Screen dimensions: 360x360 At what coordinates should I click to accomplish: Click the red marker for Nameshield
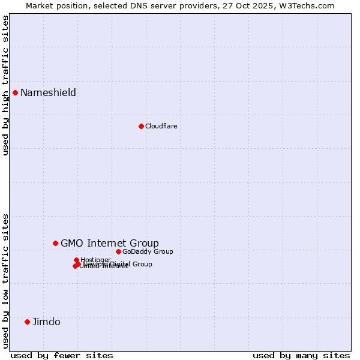pos(15,92)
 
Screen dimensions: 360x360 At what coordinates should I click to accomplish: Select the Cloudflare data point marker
pos(141,126)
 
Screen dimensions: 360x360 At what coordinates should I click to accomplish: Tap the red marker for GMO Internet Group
pos(55,243)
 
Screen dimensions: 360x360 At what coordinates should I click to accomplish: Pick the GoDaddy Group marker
pos(118,251)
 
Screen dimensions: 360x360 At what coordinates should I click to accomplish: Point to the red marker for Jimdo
pos(27,322)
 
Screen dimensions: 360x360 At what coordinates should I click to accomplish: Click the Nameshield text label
pos(48,92)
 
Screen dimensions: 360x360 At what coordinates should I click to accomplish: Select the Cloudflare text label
pos(161,126)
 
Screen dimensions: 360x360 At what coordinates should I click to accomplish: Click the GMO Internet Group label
pos(110,243)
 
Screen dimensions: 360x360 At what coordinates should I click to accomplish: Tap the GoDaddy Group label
pos(148,251)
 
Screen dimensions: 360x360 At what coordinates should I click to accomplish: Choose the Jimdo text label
pos(46,322)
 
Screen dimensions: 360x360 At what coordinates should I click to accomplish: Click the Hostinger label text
pos(96,260)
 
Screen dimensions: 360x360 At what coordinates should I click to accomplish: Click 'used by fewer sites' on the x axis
pos(62,355)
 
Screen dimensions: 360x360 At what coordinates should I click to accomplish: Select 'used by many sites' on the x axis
pos(301,355)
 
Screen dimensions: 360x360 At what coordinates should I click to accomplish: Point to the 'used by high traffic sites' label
pos(5,85)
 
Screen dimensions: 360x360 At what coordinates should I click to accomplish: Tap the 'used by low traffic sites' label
pos(5,280)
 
